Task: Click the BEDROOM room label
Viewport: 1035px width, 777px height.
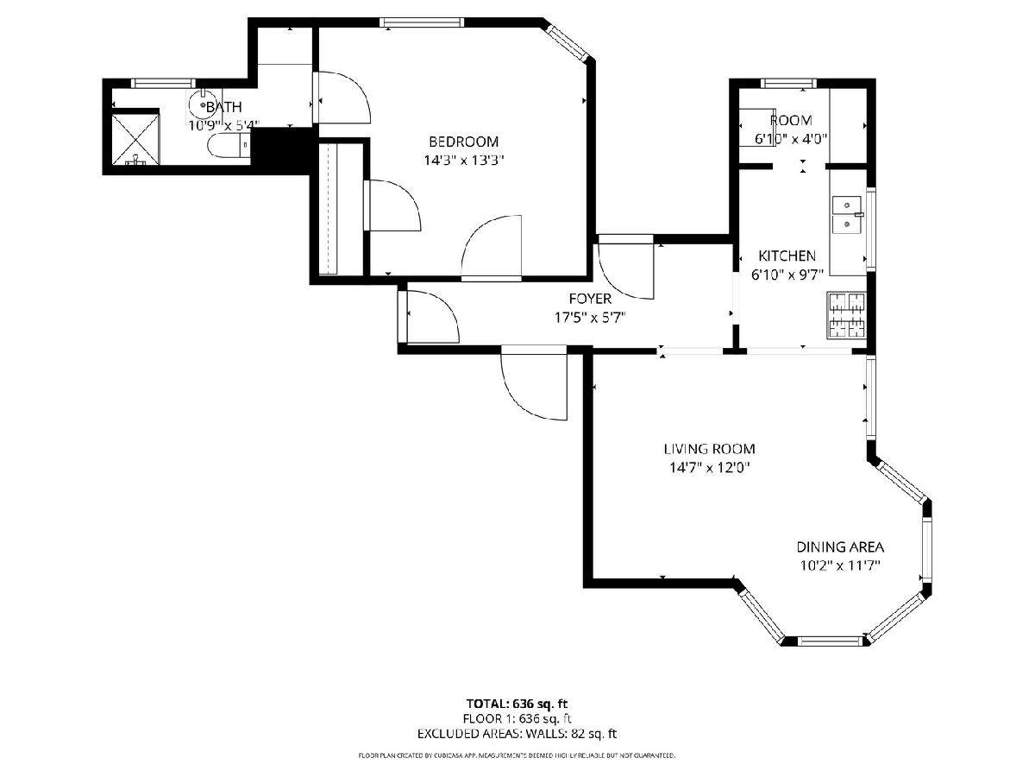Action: tap(463, 142)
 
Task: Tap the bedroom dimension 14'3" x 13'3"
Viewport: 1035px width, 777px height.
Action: tap(464, 161)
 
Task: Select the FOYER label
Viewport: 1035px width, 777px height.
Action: tap(590, 299)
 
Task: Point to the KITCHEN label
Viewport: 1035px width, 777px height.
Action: tap(787, 256)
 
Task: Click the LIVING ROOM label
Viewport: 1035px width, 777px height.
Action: tap(709, 449)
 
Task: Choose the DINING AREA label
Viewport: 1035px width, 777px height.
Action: tap(840, 547)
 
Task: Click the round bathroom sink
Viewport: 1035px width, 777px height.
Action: tap(204, 104)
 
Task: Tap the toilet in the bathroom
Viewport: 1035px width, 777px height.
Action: tap(229, 145)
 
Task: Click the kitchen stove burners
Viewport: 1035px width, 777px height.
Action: tap(846, 315)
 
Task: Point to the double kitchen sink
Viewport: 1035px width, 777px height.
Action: tap(847, 215)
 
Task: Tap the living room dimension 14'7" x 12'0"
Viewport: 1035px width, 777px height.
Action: tap(710, 468)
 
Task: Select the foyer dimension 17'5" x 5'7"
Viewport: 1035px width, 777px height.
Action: tap(590, 318)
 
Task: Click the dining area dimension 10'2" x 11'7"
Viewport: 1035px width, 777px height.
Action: tap(840, 565)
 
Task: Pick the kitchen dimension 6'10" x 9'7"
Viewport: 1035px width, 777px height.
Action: tap(787, 275)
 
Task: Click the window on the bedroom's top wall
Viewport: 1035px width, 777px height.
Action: tap(422, 22)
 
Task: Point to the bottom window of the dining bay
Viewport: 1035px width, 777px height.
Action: tap(831, 641)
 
